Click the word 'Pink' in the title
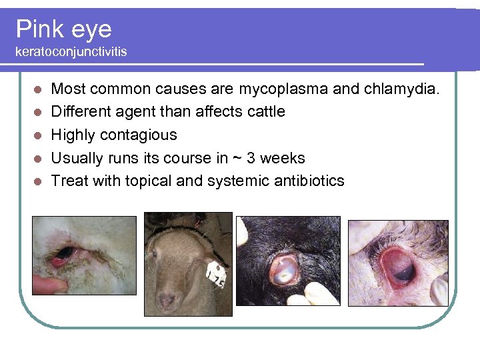37,29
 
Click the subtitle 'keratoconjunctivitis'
71,51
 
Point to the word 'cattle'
266,111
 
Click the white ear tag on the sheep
216,271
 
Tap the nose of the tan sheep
166,301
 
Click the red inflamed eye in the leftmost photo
63,255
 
